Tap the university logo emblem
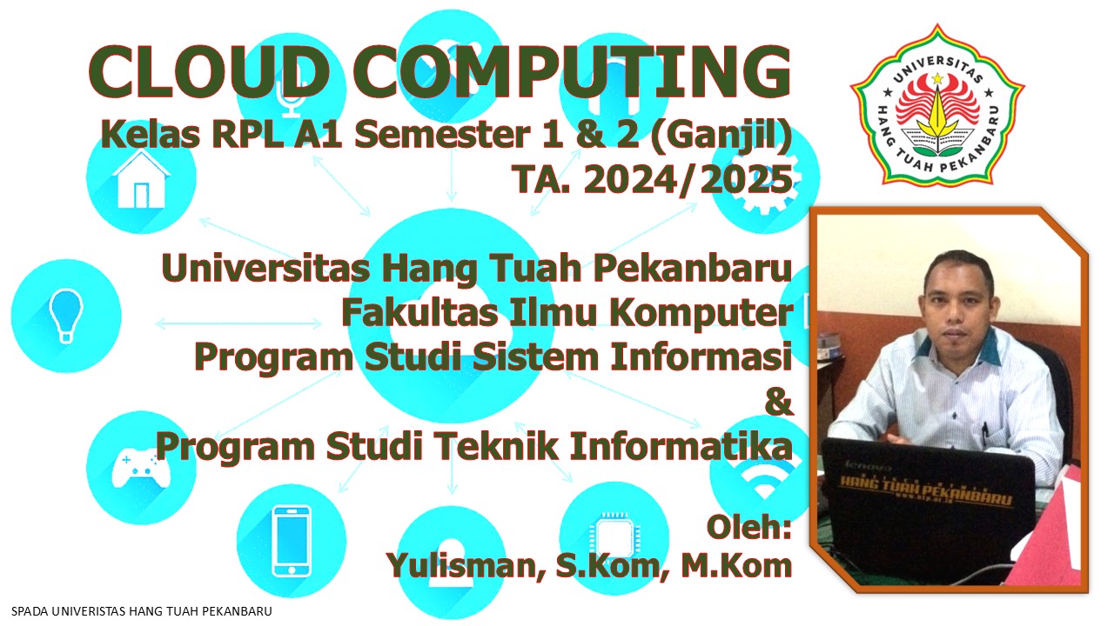pyautogui.click(x=937, y=105)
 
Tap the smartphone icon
pyautogui.click(x=291, y=540)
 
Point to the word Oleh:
pyautogui.click(x=748, y=527)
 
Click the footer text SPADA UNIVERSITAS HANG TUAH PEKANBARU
pyautogui.click(x=142, y=611)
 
